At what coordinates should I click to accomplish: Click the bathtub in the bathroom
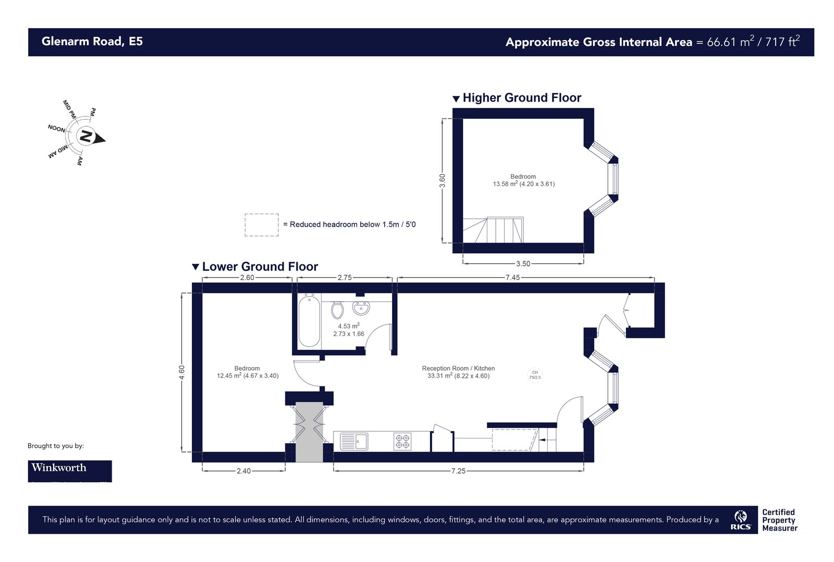309,321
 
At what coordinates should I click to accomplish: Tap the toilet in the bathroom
337,310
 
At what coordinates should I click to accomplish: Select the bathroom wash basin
361,308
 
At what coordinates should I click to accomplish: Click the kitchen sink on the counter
354,442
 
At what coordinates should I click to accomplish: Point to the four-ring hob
402,442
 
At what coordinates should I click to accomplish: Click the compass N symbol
85,137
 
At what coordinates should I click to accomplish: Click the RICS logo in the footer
741,520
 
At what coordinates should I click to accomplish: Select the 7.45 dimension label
512,277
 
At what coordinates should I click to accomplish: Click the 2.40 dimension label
243,471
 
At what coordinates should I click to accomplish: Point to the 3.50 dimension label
523,264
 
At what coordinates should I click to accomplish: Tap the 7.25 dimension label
458,471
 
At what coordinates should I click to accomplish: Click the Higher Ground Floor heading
521,98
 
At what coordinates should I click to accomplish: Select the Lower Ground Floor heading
260,267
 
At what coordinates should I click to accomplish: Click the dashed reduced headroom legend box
262,225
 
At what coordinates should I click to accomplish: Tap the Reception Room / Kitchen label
458,368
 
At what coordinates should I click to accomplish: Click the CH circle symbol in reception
535,375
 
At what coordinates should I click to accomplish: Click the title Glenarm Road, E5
92,42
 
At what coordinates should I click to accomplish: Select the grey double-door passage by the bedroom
309,431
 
